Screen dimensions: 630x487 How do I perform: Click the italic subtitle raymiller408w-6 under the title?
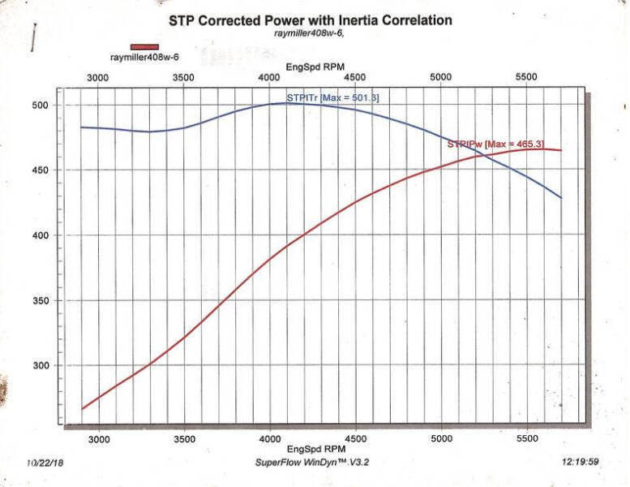coord(309,33)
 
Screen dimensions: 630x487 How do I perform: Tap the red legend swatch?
coord(144,47)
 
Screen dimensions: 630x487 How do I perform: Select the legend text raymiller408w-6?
coord(144,57)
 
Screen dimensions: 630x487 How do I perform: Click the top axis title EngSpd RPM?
coord(315,67)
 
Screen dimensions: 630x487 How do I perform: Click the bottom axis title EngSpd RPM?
coord(316,449)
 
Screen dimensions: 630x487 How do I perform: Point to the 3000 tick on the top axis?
coord(97,77)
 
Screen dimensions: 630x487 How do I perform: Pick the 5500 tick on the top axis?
coord(526,76)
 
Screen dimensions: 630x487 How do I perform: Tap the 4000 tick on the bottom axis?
coord(270,439)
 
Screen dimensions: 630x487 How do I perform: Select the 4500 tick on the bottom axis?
coord(356,439)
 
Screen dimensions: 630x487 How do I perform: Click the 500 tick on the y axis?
coord(40,106)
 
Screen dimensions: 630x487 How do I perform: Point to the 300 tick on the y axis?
coord(40,365)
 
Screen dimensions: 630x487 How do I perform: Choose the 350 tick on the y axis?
coord(40,300)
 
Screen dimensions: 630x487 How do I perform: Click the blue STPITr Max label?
coord(332,97)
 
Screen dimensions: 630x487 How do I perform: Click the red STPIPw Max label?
coord(495,144)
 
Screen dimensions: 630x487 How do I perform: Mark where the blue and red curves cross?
coord(485,155)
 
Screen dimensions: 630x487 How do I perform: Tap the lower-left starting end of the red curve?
coord(82,409)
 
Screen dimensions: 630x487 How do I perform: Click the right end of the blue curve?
coord(561,198)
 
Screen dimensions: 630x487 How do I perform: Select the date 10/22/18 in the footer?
coord(45,463)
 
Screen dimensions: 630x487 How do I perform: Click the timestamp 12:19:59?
coord(581,462)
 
